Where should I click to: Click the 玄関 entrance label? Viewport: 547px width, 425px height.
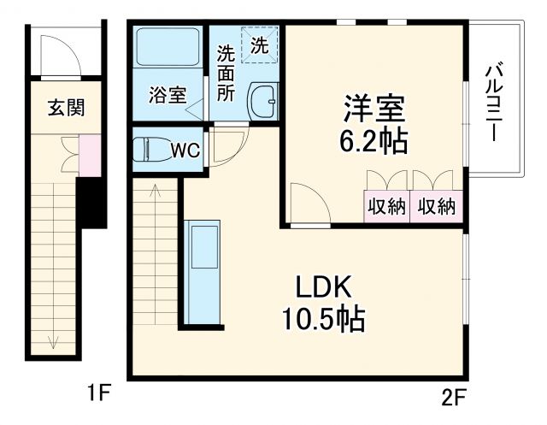(66, 108)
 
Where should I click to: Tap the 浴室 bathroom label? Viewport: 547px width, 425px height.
(168, 95)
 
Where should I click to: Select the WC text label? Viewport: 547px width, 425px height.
(185, 151)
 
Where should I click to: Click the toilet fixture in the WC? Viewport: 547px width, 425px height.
(153, 150)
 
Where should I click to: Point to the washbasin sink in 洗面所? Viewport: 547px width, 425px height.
(262, 103)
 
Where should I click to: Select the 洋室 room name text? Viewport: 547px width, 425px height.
(373, 109)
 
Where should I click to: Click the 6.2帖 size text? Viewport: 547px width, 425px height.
(374, 140)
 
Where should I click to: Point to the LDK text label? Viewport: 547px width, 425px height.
(325, 286)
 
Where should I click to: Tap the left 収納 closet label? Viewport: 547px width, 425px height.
(385, 206)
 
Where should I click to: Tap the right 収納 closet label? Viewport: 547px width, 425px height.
(436, 206)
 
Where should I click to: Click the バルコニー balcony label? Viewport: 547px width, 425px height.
(493, 103)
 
